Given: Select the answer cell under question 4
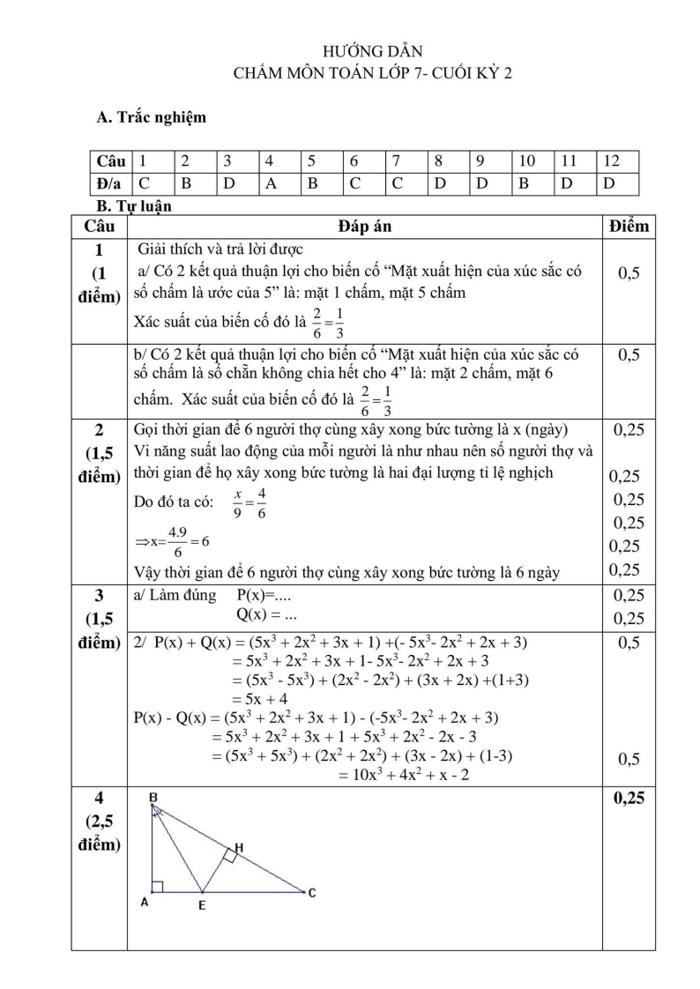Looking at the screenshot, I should [280, 183].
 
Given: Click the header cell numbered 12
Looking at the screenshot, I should [616, 161].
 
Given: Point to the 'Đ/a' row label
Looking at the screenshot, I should [111, 183].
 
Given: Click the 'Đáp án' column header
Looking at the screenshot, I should [364, 227].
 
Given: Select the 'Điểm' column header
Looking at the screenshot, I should [629, 227].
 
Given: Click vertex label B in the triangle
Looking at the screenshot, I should [153, 797].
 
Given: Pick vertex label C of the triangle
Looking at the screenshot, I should [312, 893].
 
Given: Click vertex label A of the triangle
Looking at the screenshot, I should [144, 902].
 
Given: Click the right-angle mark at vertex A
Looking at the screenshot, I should [157, 886].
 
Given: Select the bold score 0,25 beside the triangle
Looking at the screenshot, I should [628, 799].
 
